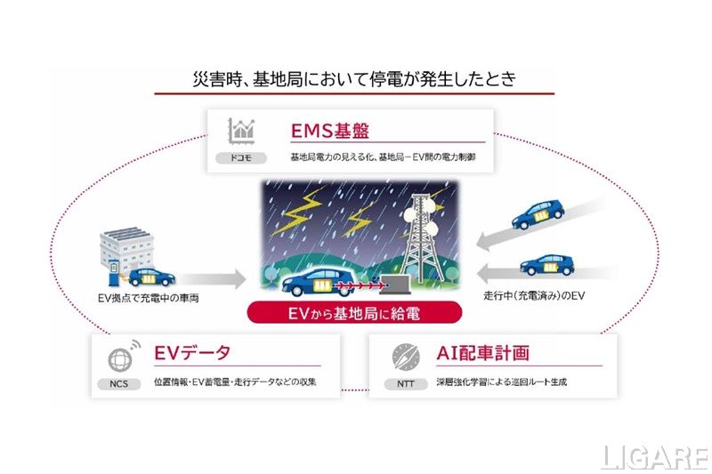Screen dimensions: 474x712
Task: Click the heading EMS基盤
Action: pos(329,132)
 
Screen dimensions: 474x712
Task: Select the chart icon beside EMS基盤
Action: pos(242,130)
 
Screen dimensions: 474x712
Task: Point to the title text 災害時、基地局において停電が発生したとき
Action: pos(353,78)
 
